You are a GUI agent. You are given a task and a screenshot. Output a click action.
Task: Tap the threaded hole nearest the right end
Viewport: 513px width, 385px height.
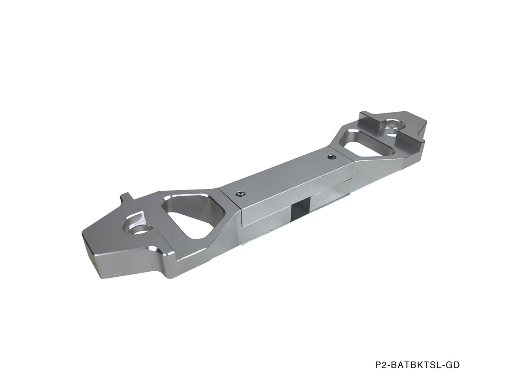(331, 156)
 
